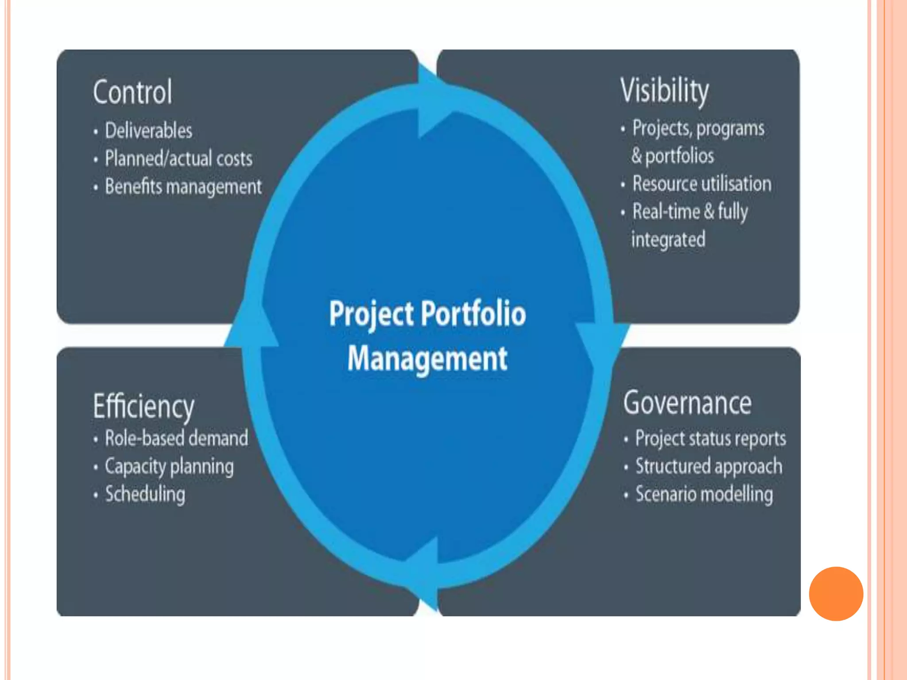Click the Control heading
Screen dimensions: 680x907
tap(132, 92)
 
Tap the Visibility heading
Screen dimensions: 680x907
tap(664, 91)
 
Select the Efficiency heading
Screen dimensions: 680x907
tap(143, 406)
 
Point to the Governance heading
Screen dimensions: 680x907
tap(687, 403)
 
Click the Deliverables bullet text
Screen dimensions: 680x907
tap(148, 131)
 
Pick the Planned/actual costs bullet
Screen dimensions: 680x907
tap(178, 158)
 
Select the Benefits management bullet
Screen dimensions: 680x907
tap(183, 186)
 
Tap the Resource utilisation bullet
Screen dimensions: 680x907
tap(702, 184)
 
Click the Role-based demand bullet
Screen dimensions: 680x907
tap(176, 438)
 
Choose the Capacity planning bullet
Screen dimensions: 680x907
tap(169, 467)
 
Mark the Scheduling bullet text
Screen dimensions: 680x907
tap(145, 494)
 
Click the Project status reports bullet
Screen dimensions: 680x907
tap(710, 438)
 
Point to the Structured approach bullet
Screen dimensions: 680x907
tap(709, 466)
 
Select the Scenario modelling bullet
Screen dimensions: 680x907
tap(704, 494)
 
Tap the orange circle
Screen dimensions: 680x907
tap(836, 594)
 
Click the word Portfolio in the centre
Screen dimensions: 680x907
tap(473, 313)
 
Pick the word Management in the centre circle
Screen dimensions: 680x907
tap(427, 359)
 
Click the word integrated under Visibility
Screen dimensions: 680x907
tap(668, 240)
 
